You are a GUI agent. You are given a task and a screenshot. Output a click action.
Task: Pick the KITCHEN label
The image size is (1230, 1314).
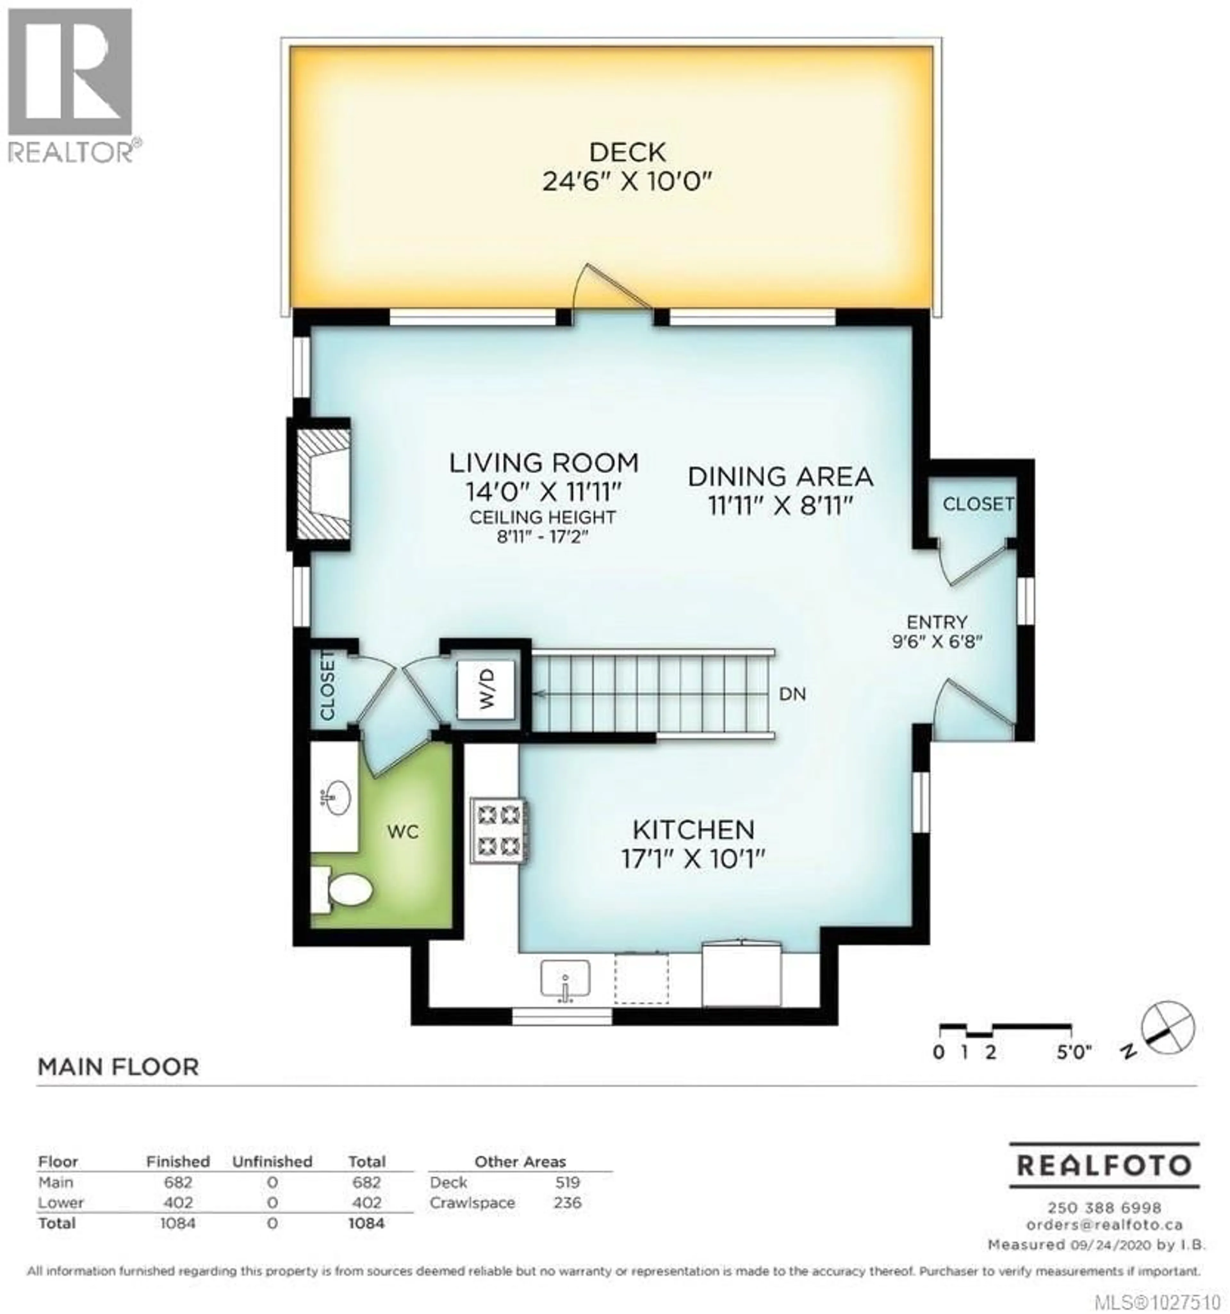click(693, 829)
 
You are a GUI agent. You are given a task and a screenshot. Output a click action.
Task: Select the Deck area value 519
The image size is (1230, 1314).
click(568, 1182)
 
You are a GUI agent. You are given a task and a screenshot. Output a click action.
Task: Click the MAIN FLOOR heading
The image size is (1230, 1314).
click(118, 1067)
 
